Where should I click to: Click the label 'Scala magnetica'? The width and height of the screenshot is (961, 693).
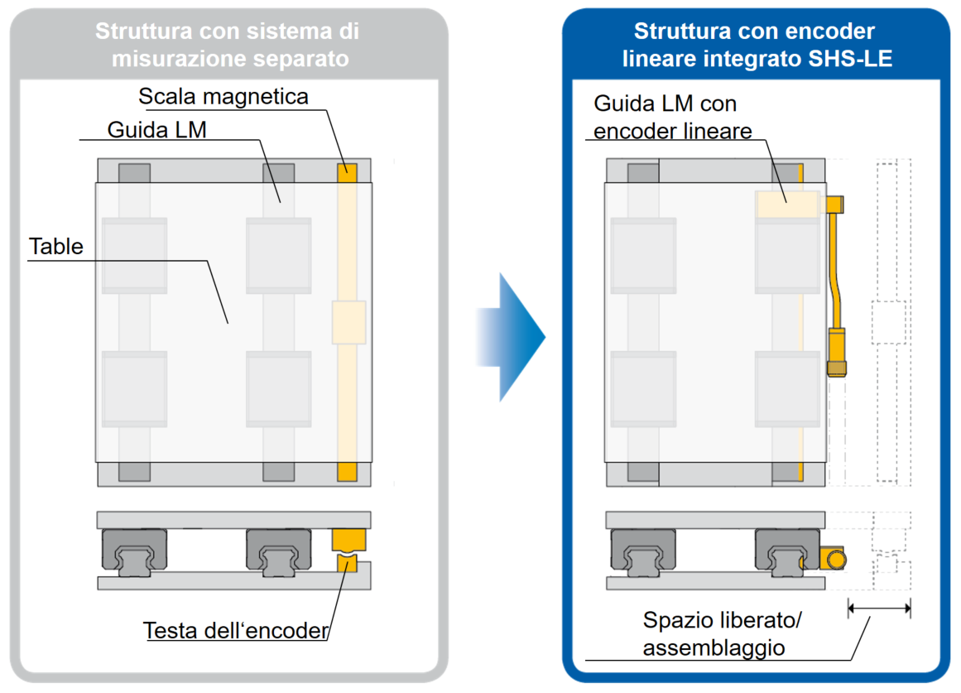click(223, 97)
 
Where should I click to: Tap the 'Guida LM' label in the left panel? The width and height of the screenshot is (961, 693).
click(156, 130)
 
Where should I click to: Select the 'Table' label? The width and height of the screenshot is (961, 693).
click(56, 247)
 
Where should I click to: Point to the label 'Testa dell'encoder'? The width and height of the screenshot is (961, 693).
click(237, 631)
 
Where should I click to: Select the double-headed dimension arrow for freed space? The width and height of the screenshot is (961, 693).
click(879, 609)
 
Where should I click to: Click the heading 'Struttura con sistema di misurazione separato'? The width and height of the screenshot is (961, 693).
click(227, 45)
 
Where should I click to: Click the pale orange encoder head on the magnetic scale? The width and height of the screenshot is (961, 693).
click(348, 322)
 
